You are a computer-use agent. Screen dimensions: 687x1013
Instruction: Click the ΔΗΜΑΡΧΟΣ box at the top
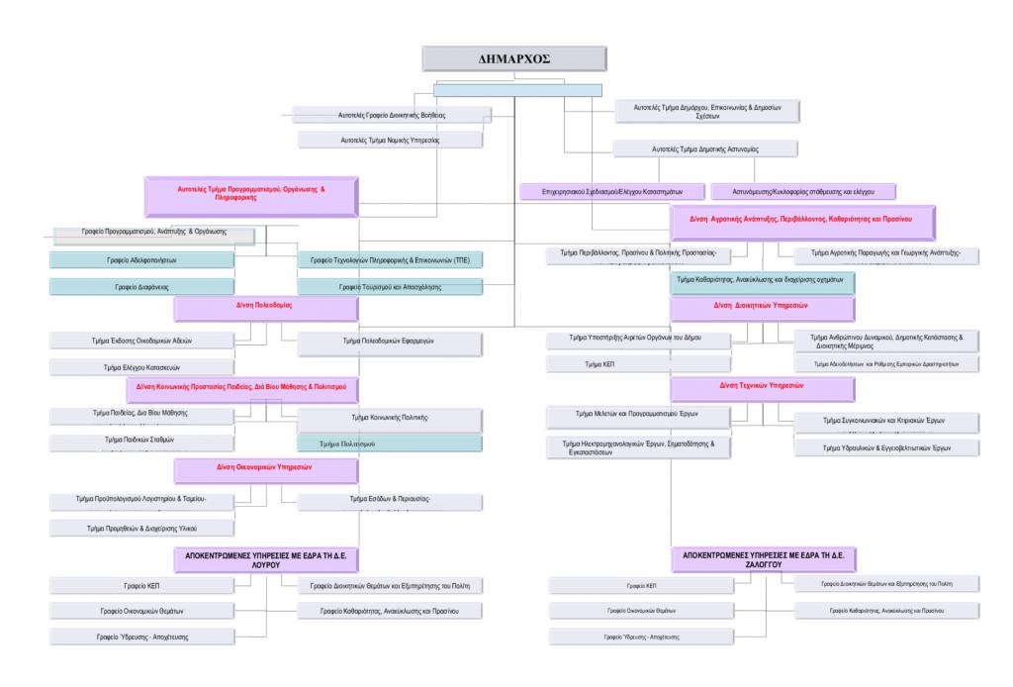coord(514,58)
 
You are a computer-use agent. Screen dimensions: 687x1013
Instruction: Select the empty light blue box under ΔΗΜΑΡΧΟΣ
coord(517,90)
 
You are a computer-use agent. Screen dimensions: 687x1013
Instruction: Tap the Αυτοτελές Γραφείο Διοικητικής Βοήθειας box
coord(392,115)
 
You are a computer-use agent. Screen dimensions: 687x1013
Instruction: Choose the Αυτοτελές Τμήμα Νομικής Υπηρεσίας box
coord(391,140)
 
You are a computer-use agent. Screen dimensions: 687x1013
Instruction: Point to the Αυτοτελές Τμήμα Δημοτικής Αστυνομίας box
coord(704,148)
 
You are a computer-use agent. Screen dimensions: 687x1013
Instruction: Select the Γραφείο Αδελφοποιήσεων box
coord(142,259)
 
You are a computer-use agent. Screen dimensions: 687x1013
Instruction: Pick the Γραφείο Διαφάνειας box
coord(142,286)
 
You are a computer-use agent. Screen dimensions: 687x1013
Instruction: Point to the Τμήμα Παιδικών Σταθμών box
coord(142,439)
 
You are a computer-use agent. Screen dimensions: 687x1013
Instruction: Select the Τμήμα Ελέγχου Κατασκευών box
coord(142,366)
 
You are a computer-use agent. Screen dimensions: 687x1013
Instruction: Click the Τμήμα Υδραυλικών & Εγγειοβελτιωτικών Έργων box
coord(886,447)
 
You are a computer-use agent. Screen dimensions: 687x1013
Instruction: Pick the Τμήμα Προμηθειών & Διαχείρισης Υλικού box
coord(142,528)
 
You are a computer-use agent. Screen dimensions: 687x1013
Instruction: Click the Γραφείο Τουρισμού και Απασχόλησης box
coord(390,286)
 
